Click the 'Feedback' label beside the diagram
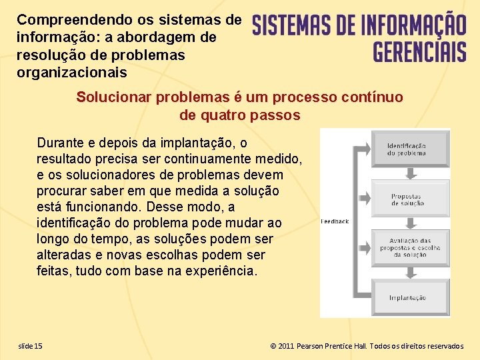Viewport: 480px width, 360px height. point(335,221)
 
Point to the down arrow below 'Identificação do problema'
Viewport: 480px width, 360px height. point(411,173)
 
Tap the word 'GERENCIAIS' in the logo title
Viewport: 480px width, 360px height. point(419,49)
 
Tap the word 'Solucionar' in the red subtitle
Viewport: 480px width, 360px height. point(113,97)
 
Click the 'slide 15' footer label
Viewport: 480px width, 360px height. point(30,345)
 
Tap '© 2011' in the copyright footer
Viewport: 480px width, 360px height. point(281,346)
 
